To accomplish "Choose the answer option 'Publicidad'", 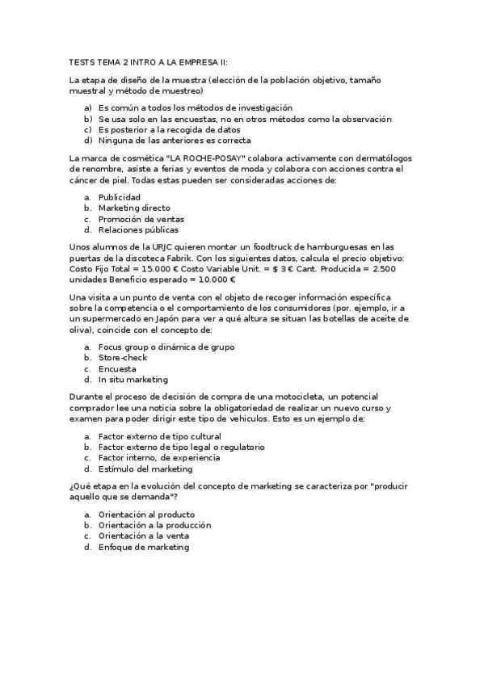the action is [x=119, y=197].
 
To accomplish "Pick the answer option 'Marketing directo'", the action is [x=133, y=208].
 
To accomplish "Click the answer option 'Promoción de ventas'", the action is [x=141, y=219].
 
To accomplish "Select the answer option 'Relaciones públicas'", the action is [x=139, y=230].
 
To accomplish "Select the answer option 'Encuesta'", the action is [x=117, y=368].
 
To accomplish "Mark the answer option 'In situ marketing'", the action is [x=133, y=379].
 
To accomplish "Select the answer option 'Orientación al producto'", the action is [x=146, y=514].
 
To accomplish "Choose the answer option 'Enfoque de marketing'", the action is [x=143, y=547].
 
